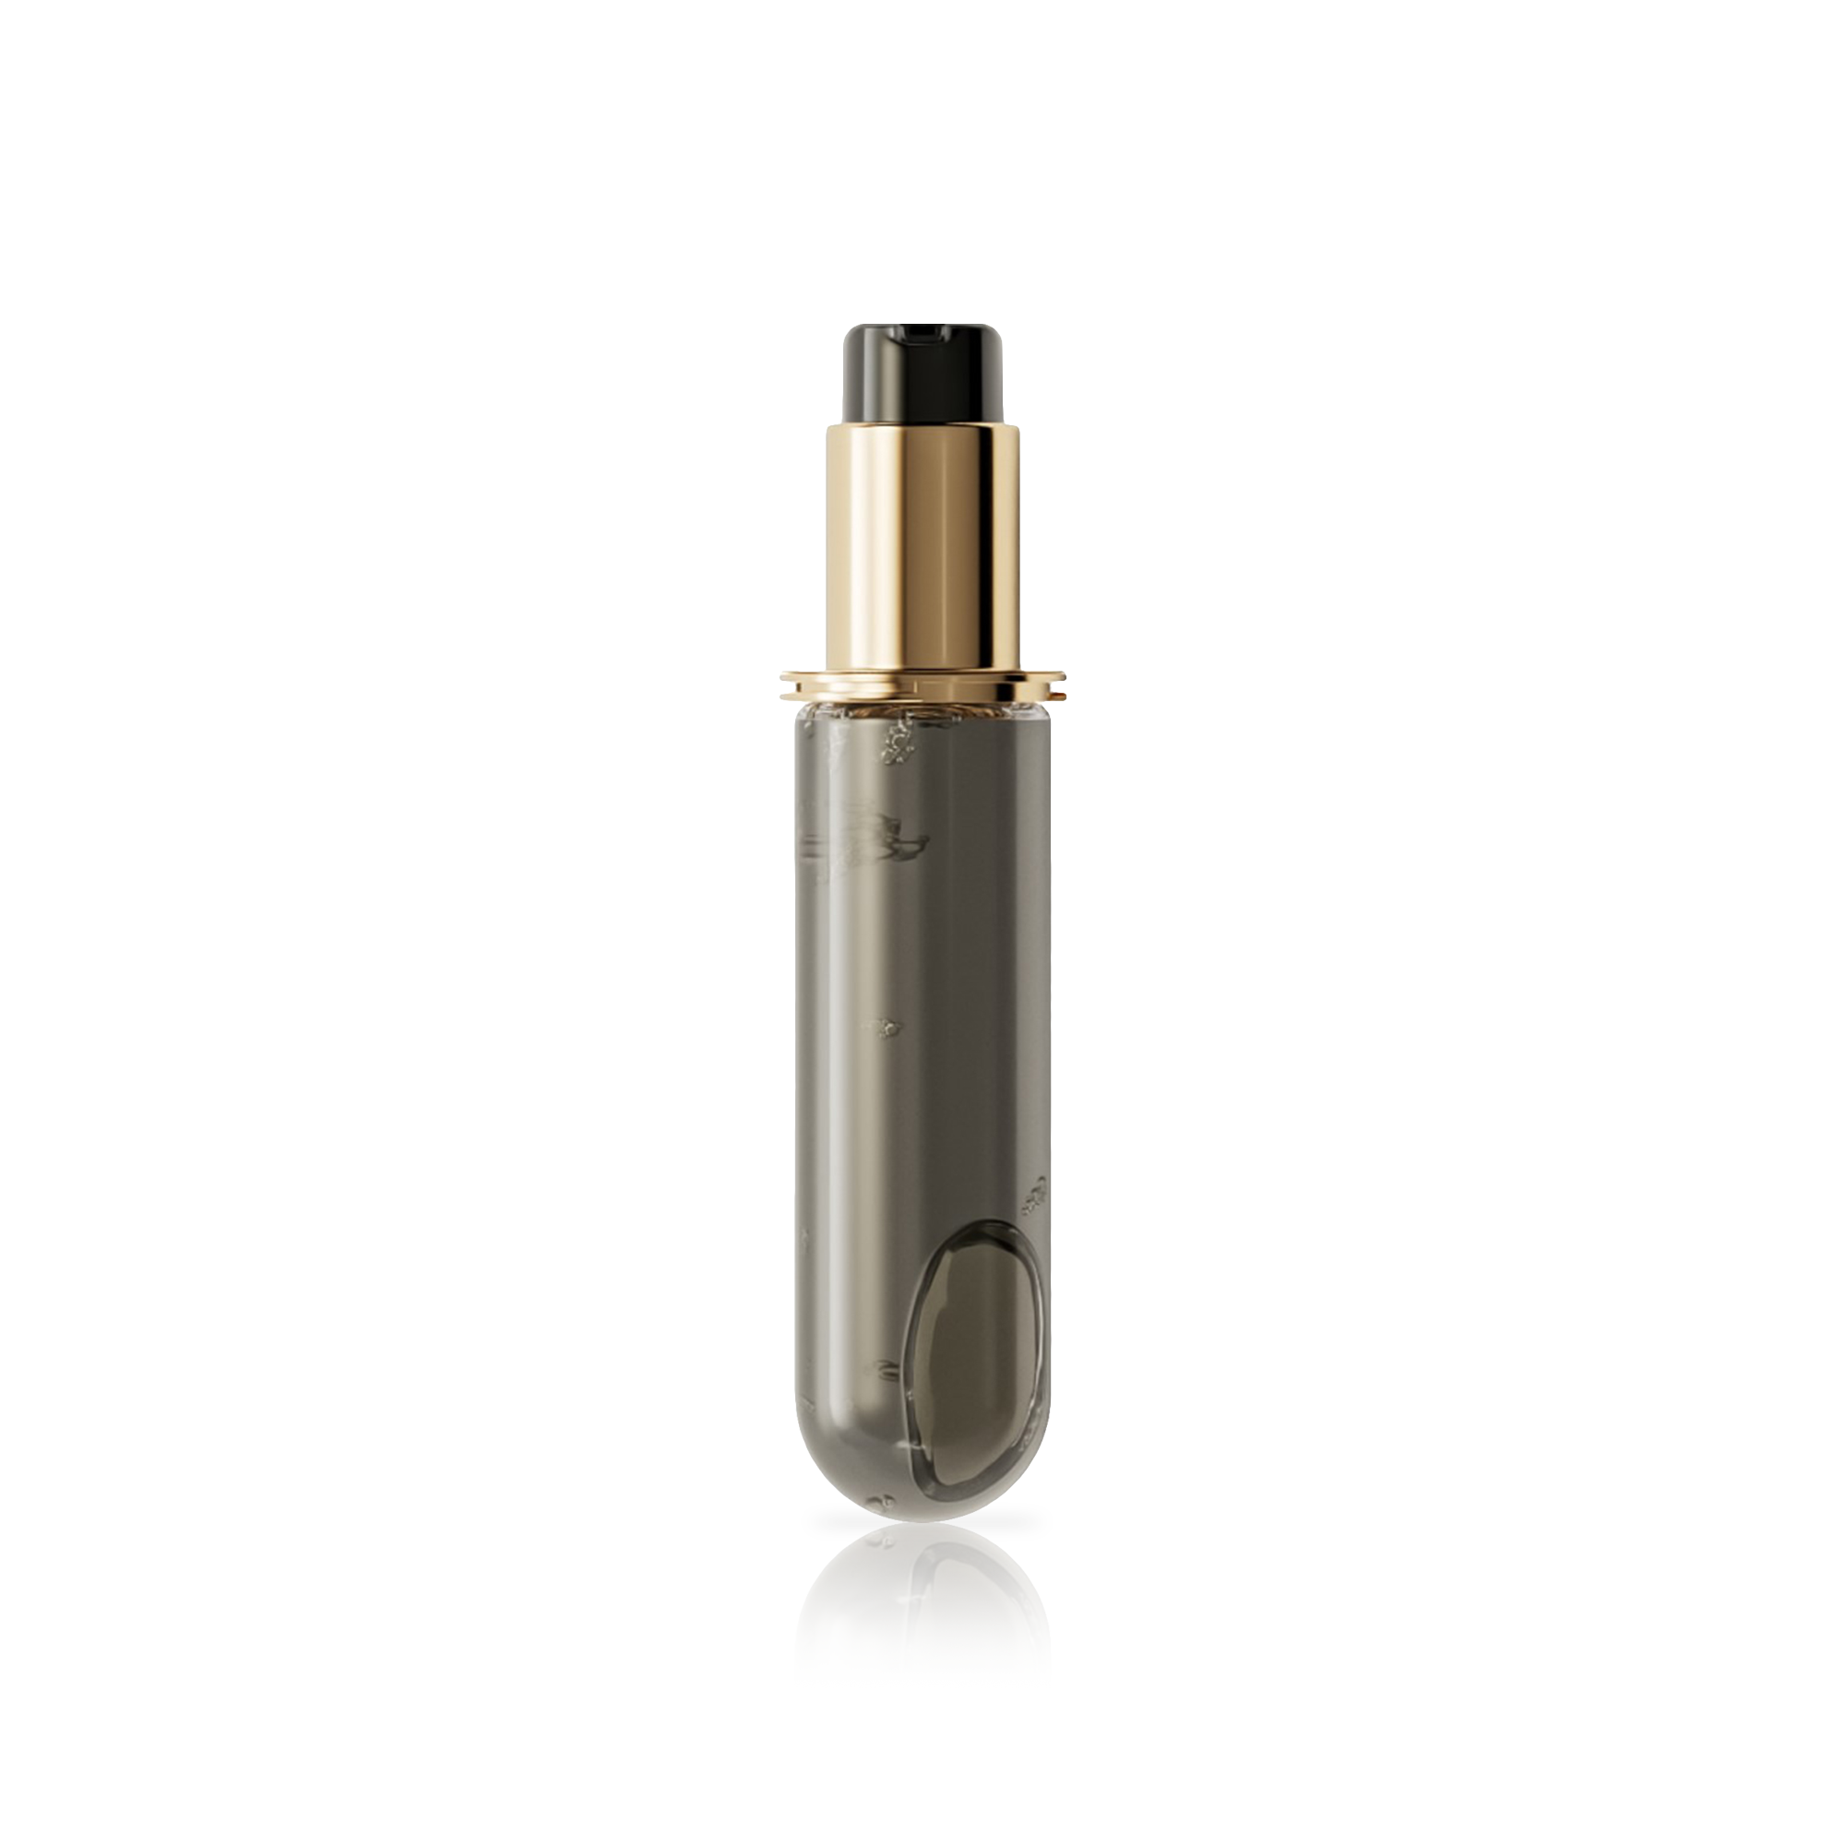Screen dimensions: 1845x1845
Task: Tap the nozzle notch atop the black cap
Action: (923, 334)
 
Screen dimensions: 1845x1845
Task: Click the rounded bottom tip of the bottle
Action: (922, 1509)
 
